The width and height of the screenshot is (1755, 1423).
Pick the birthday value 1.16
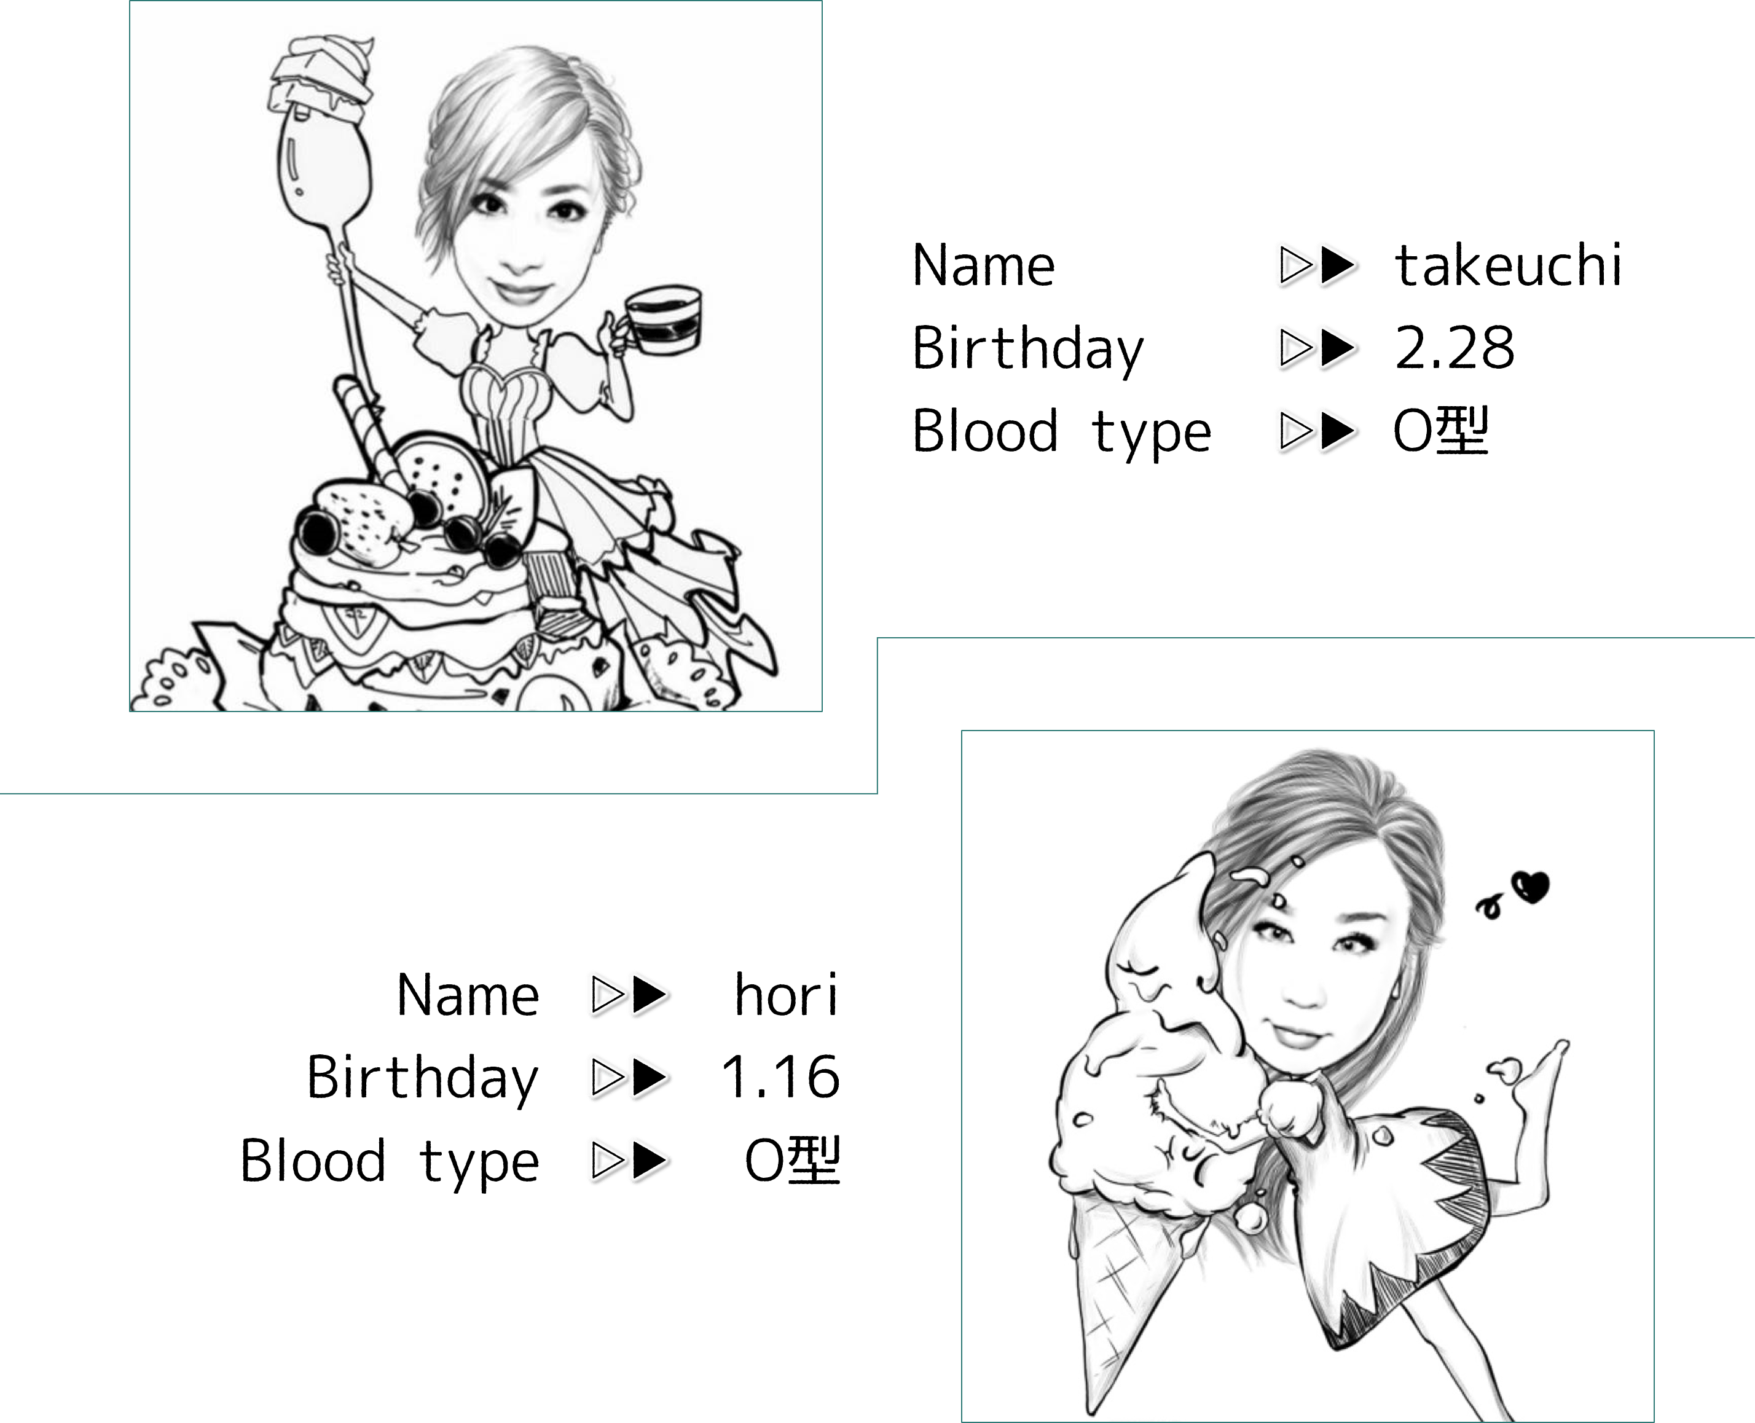[x=780, y=1076]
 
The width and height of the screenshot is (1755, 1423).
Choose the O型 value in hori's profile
[x=792, y=1161]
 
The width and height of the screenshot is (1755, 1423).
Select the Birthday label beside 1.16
[x=423, y=1078]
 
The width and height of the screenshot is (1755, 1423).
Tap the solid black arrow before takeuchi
[x=1338, y=265]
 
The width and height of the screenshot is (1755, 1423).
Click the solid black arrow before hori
[x=651, y=995]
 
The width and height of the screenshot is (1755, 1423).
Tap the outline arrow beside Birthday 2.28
[x=1296, y=348]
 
